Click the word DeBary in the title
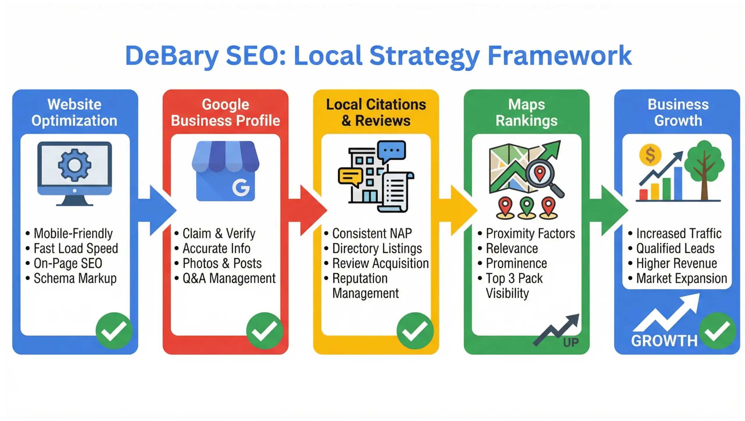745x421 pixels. coord(172,56)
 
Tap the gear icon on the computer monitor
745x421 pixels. coord(74,165)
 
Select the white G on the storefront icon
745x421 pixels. coord(241,188)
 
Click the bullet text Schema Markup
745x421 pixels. coord(75,278)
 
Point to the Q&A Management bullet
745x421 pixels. coord(229,278)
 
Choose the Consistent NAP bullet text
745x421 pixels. coord(372,234)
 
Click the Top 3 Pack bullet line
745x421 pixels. coord(514,278)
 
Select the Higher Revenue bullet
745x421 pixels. coord(676,264)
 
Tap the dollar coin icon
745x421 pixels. coord(650,155)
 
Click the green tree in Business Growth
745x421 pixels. coord(704,166)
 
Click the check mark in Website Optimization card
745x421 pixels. coord(114,331)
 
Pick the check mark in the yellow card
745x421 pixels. coord(415,331)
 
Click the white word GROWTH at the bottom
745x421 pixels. coord(664,341)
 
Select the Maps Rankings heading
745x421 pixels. coord(526,113)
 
